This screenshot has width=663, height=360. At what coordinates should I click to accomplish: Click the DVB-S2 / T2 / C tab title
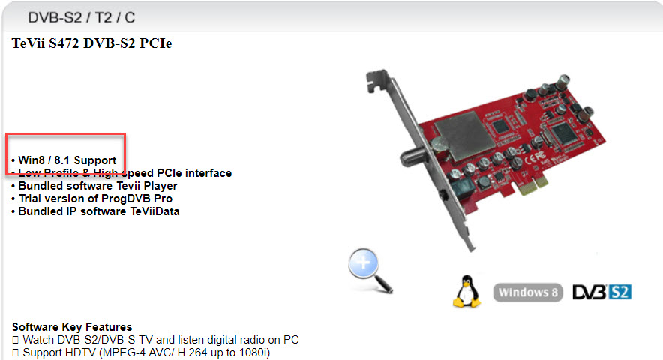coord(81,17)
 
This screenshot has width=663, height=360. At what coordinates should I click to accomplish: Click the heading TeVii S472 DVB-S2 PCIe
coord(91,43)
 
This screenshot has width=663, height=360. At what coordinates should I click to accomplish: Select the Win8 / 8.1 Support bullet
coord(64,160)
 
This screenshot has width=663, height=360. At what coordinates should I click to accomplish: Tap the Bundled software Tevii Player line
coord(94,186)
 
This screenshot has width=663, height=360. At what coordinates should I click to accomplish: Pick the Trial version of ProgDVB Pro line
coord(91,199)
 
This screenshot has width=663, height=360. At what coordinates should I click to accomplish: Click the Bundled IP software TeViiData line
coord(95,211)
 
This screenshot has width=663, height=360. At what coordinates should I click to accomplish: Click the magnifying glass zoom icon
coord(370,270)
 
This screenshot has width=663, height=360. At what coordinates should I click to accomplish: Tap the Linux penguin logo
coord(466,291)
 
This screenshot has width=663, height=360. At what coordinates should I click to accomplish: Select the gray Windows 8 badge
coord(528,292)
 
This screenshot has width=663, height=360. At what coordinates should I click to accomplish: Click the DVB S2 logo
coord(601,292)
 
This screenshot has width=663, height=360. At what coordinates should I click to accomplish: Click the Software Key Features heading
coord(72,326)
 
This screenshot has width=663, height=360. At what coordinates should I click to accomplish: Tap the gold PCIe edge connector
coord(533,186)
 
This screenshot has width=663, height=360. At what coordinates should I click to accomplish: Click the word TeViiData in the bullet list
coord(154,211)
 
